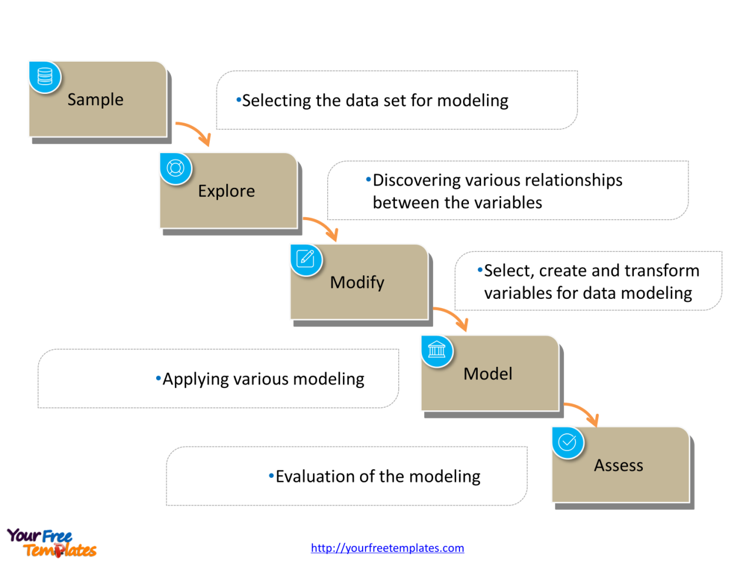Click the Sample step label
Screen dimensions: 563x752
[95, 100]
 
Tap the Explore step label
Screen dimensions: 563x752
[226, 191]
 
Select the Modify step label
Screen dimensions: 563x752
[357, 282]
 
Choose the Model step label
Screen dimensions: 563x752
[488, 374]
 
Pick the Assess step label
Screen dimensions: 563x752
[618, 466]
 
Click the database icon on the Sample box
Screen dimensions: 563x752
[45, 77]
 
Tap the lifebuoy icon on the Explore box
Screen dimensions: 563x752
[176, 168]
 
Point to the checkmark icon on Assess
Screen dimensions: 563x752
[568, 442]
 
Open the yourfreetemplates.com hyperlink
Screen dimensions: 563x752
[387, 548]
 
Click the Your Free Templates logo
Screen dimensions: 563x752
[52, 542]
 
